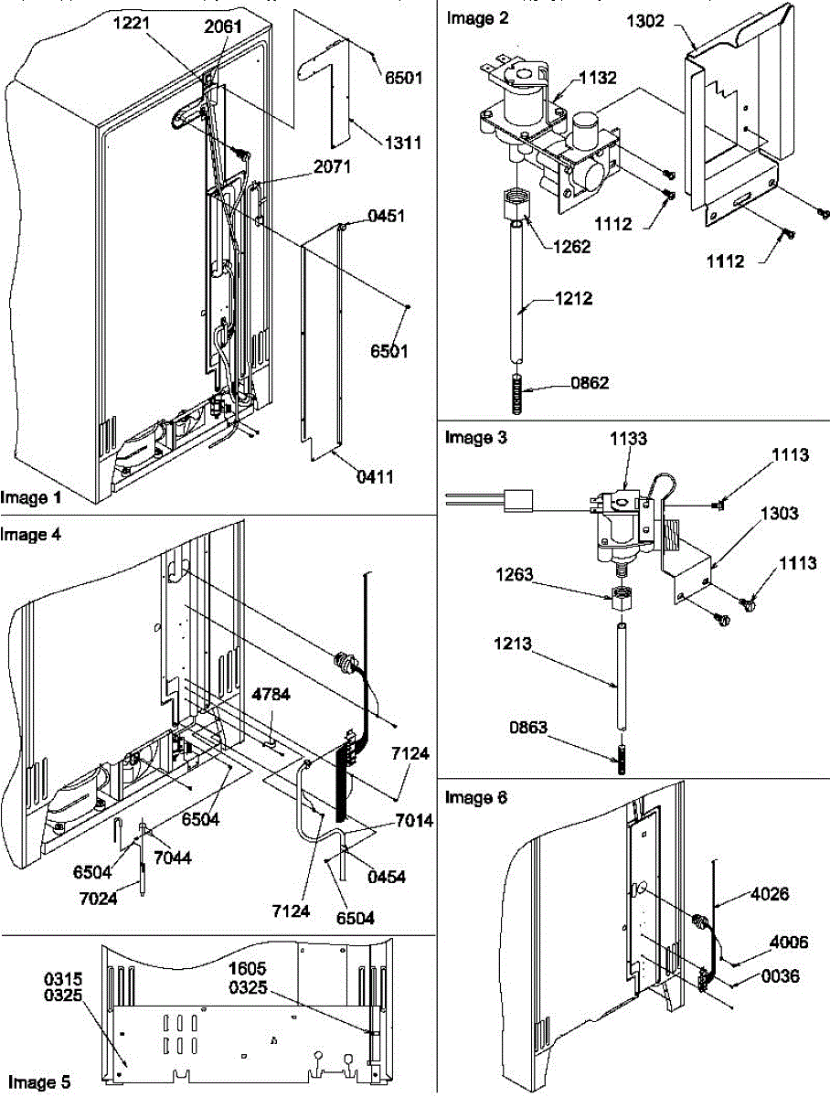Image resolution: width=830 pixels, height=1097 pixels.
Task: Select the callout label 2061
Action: coord(224,27)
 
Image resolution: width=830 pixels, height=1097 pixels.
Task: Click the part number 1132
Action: coord(573,80)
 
